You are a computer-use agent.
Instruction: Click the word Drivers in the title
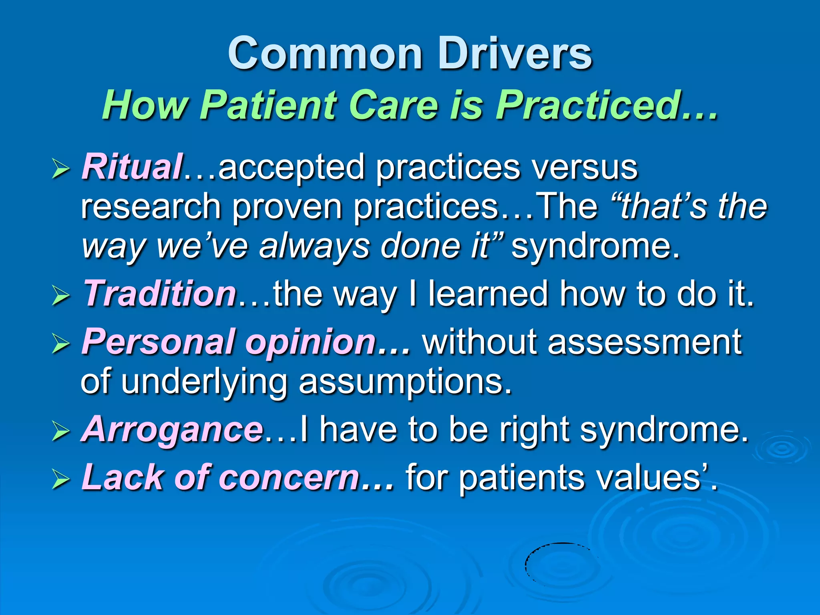(515, 54)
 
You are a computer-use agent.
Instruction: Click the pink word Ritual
(132, 167)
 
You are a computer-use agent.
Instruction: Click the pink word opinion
(310, 342)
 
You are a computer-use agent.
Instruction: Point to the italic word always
(314, 246)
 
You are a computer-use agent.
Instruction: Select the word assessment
(644, 342)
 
